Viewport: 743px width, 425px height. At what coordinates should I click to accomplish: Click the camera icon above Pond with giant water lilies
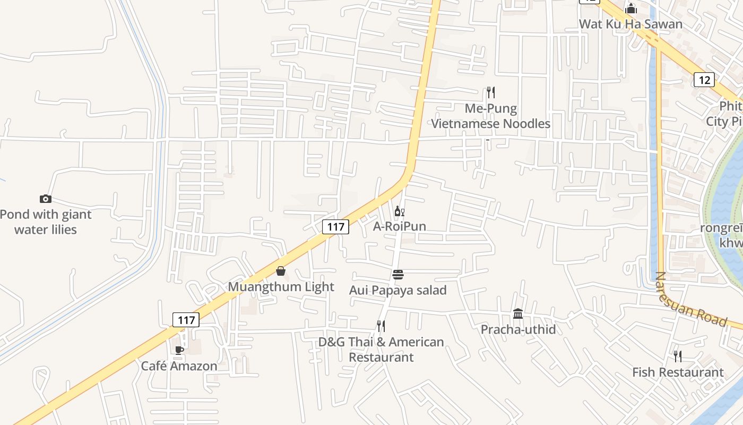click(x=46, y=199)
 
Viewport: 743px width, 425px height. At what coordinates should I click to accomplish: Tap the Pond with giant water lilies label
click(x=46, y=222)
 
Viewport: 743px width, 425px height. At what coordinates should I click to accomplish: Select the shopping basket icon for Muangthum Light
click(x=281, y=271)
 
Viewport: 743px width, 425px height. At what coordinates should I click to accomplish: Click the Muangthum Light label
click(x=281, y=287)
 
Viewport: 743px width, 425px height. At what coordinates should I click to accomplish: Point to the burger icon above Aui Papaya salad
click(x=398, y=275)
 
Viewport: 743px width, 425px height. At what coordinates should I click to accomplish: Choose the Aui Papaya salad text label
click(x=398, y=290)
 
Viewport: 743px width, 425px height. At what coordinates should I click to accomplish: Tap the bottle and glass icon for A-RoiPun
click(x=399, y=211)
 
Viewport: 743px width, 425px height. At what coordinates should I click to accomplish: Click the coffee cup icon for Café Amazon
click(x=179, y=350)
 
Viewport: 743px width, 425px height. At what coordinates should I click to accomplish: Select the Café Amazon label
click(x=179, y=366)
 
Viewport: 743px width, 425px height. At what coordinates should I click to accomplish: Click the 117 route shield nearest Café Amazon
click(x=186, y=320)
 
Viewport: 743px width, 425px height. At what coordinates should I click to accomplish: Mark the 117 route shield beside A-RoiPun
click(x=335, y=227)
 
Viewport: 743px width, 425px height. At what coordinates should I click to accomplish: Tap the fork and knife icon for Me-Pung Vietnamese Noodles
click(x=491, y=92)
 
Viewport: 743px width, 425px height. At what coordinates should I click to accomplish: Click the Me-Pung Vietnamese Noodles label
click(x=490, y=116)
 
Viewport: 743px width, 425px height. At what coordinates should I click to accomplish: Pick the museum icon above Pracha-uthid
click(x=518, y=313)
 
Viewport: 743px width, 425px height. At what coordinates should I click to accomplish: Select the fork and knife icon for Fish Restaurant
click(x=678, y=356)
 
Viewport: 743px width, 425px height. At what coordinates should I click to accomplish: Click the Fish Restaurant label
click(x=678, y=372)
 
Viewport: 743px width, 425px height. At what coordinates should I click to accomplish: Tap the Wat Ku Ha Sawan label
click(x=630, y=24)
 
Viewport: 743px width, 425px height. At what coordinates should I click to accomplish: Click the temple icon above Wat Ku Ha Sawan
click(x=630, y=8)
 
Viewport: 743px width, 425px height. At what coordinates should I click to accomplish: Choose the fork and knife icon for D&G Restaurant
click(x=381, y=326)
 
